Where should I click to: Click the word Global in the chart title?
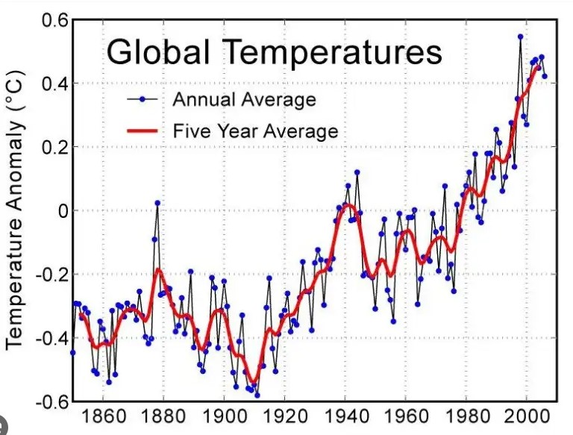(158, 51)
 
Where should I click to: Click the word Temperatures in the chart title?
(333, 52)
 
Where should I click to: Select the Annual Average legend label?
(244, 99)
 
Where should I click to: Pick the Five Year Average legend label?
(255, 131)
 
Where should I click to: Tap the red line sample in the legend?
(143, 131)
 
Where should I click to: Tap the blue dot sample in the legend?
(143, 98)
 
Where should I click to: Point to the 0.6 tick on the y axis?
(54, 20)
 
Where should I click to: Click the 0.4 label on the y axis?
(54, 84)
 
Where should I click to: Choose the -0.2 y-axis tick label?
(52, 274)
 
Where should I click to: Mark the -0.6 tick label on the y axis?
(52, 402)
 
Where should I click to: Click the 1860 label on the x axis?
(103, 416)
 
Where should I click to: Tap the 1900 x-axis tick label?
(224, 416)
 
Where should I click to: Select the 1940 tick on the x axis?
(345, 416)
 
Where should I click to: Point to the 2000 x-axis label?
(527, 416)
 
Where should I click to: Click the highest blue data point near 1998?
(520, 37)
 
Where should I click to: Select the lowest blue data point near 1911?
(257, 395)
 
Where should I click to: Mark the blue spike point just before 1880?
(157, 203)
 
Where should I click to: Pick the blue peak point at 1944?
(357, 172)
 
